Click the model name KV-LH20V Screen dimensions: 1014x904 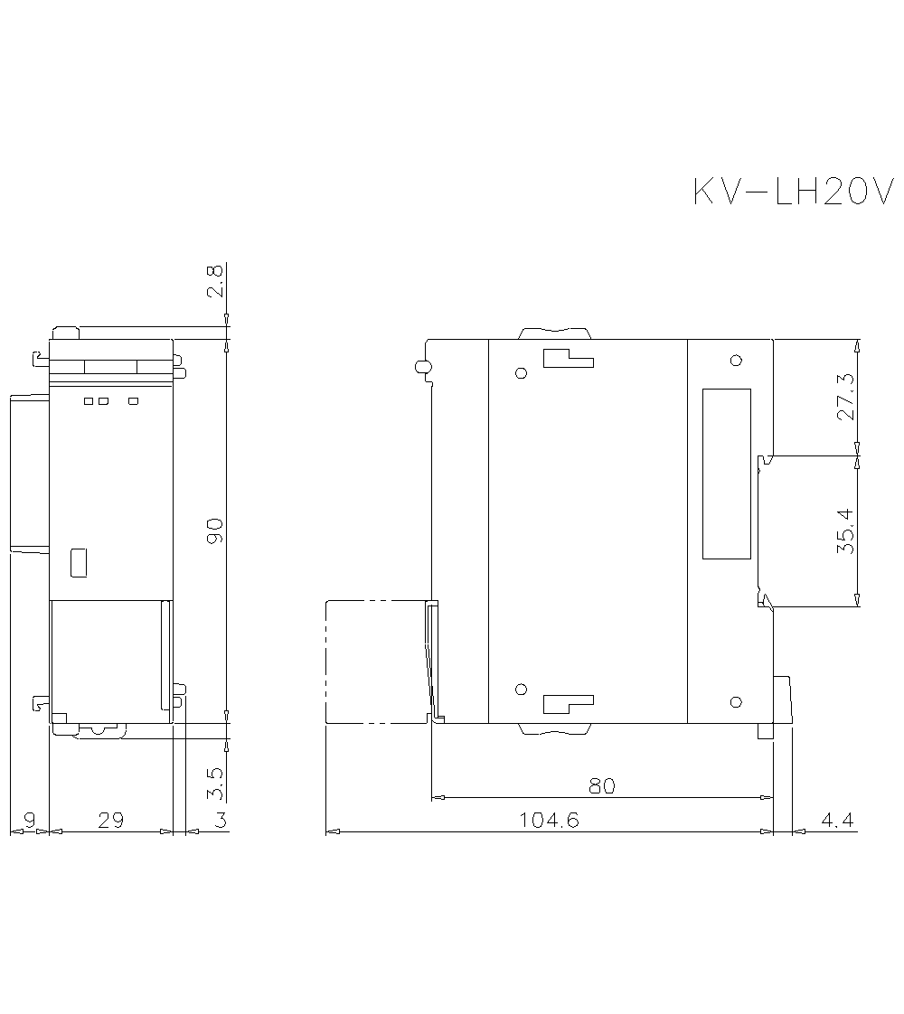(x=793, y=192)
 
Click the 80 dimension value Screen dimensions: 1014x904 (x=602, y=786)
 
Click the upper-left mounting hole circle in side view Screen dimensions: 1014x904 (x=521, y=373)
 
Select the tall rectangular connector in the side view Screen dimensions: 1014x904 (x=727, y=474)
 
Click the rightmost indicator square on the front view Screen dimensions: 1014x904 (x=134, y=400)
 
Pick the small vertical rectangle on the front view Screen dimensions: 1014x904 (x=79, y=562)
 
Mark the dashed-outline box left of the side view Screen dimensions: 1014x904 (x=375, y=662)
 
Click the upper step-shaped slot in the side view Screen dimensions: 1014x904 (x=568, y=359)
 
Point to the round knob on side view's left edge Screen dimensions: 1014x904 (x=420, y=367)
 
